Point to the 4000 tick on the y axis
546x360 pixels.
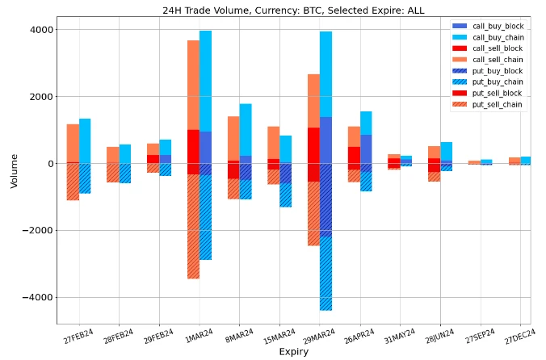(42, 30)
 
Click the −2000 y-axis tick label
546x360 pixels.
(39, 231)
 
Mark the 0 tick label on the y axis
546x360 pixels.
(50, 164)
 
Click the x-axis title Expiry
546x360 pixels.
(293, 352)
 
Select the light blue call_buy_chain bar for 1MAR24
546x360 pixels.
(206, 81)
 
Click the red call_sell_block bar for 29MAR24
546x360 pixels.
(313, 145)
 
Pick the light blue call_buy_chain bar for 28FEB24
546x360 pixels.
(125, 154)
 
